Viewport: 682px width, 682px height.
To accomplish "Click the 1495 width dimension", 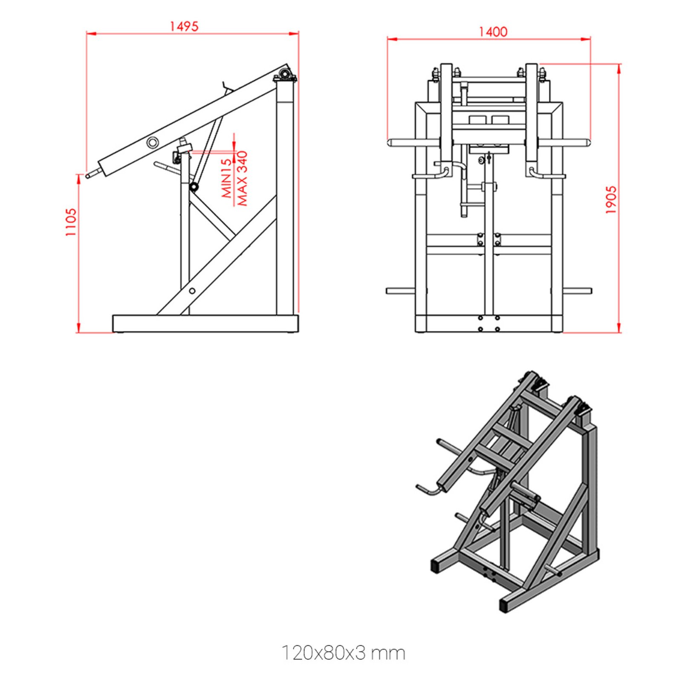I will pyautogui.click(x=184, y=26).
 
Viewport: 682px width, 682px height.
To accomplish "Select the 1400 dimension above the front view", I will pyautogui.click(x=493, y=32).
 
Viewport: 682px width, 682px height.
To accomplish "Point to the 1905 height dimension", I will pyautogui.click(x=611, y=199).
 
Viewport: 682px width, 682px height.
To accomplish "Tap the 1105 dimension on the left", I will pyautogui.click(x=71, y=222).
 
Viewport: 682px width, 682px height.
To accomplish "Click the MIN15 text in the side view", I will pyautogui.click(x=227, y=178).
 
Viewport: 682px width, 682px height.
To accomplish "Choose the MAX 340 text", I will pyautogui.click(x=242, y=178).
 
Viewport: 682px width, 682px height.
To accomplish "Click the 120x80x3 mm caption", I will pyautogui.click(x=343, y=653).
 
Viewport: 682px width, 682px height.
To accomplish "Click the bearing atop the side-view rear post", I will pyautogui.click(x=284, y=76).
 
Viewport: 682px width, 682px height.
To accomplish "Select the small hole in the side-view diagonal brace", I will pyautogui.click(x=192, y=291).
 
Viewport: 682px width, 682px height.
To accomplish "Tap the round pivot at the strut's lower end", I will pyautogui.click(x=194, y=187).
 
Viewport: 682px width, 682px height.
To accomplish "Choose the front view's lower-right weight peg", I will pyautogui.click(x=578, y=291).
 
